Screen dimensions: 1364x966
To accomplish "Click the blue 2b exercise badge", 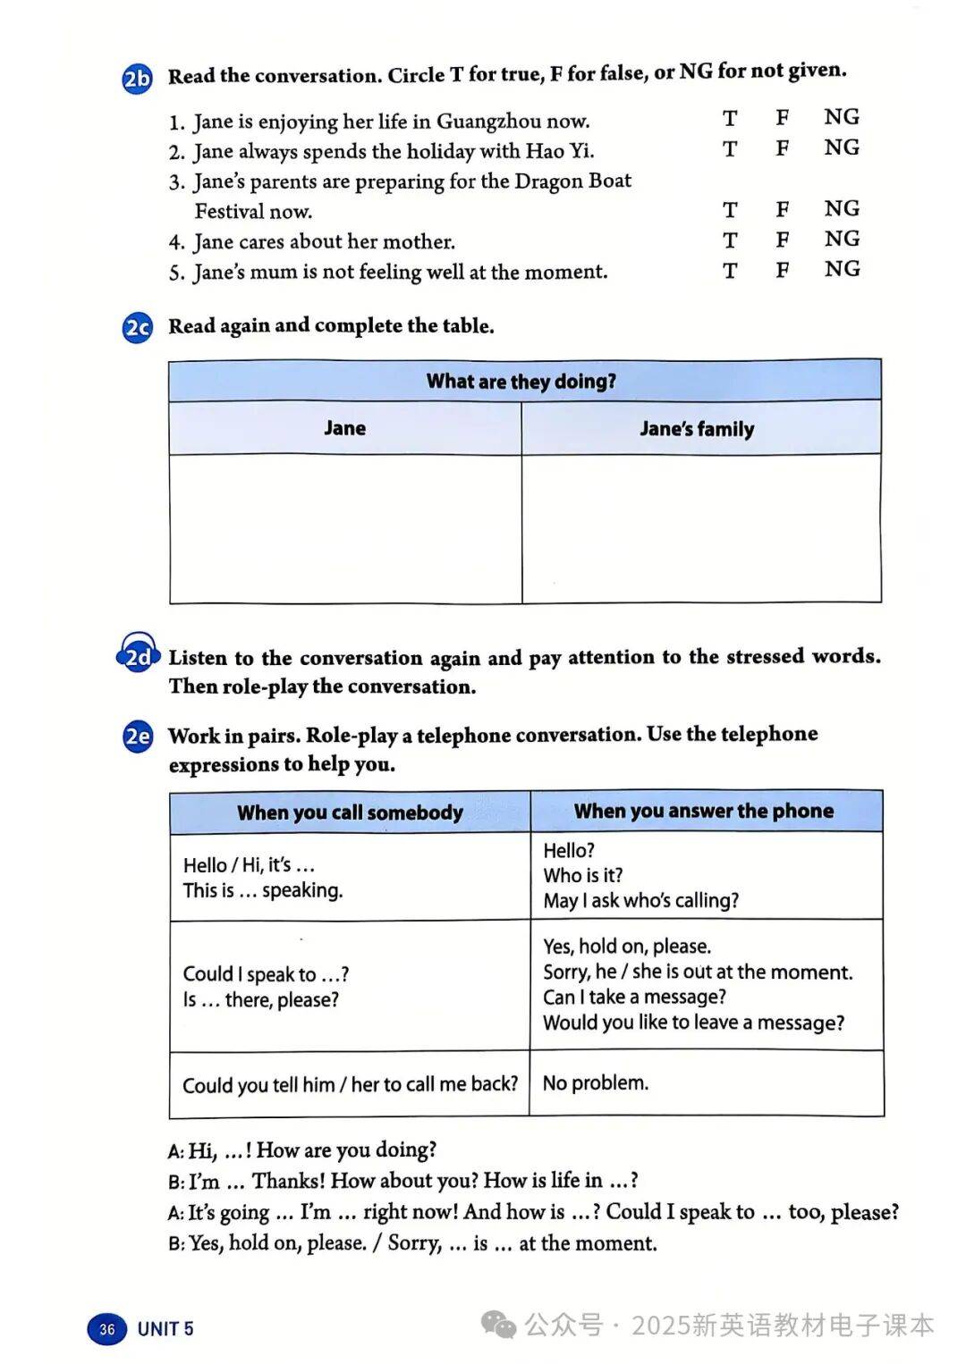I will pyautogui.click(x=137, y=80).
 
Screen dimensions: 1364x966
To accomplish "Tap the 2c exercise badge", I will pyautogui.click(x=137, y=328).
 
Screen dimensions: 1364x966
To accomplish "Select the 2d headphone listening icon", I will pyautogui.click(x=138, y=658).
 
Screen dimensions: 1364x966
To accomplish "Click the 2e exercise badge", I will pyautogui.click(x=138, y=737).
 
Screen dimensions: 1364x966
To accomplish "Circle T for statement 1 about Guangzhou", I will pyautogui.click(x=730, y=118).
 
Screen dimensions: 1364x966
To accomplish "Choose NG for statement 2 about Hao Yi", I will pyautogui.click(x=841, y=147).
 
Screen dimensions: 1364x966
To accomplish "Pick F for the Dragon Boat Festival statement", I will pyautogui.click(x=783, y=209).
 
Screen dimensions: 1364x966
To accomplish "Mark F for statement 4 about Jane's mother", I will pyautogui.click(x=783, y=240).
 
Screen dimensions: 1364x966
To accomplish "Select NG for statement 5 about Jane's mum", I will pyautogui.click(x=841, y=269).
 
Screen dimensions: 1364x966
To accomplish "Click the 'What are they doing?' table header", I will pyautogui.click(x=521, y=382).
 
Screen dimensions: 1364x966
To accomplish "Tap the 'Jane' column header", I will pyautogui.click(x=344, y=428).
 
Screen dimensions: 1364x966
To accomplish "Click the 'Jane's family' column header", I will pyautogui.click(x=697, y=429).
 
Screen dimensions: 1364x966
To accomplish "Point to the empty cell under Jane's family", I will pyautogui.click(x=701, y=527).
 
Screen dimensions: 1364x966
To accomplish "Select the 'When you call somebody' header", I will pyautogui.click(x=350, y=813).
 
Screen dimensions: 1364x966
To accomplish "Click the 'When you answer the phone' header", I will pyautogui.click(x=704, y=811).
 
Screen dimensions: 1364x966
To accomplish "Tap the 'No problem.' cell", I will pyautogui.click(x=596, y=1082).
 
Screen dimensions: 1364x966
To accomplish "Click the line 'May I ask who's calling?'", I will pyautogui.click(x=641, y=900).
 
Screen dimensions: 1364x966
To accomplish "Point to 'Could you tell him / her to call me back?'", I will pyautogui.click(x=350, y=1084).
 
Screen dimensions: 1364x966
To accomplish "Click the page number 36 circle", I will pyautogui.click(x=107, y=1329).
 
